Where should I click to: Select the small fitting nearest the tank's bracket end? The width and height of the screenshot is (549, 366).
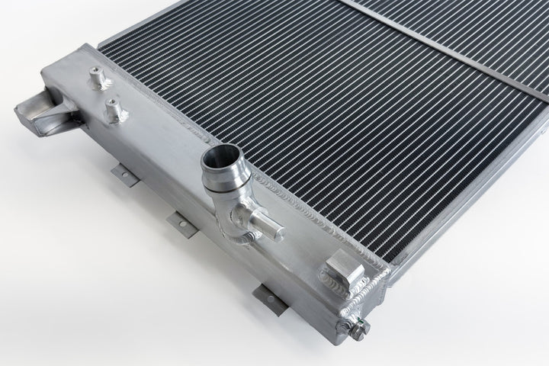pos(95,77)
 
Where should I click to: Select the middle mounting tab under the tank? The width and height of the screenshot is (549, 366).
pos(179,224)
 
